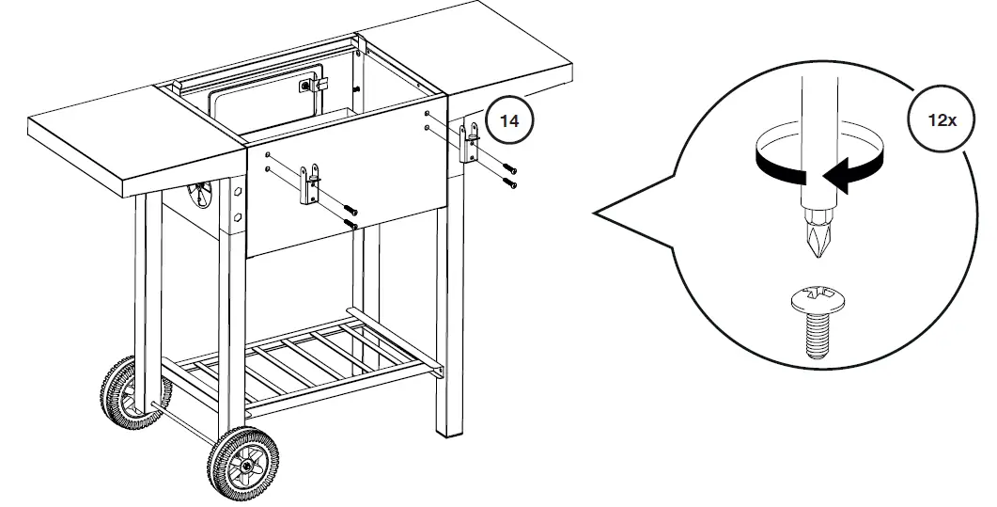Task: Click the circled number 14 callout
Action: (x=509, y=120)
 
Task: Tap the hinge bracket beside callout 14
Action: (x=471, y=144)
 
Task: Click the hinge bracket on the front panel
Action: (x=310, y=185)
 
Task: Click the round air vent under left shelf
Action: (x=200, y=196)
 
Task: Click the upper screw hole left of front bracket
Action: (x=269, y=154)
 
